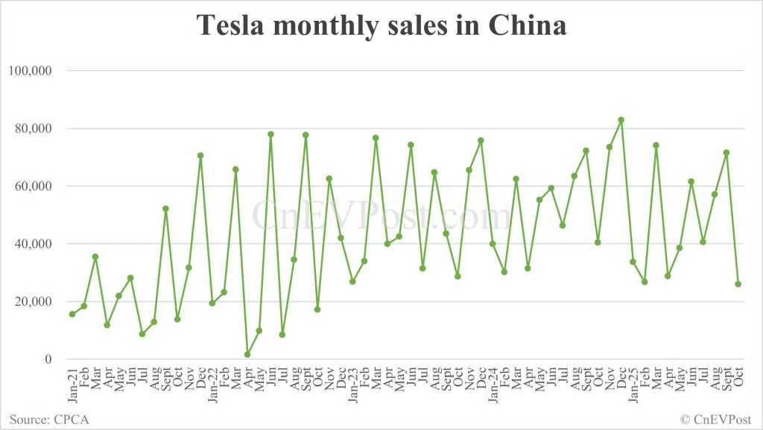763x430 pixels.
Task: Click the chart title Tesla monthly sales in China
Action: pyautogui.click(x=381, y=26)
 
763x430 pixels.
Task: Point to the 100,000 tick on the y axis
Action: pyautogui.click(x=28, y=71)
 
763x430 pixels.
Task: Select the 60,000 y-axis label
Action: pyautogui.click(x=31, y=186)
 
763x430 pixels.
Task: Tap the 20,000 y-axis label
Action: pyautogui.click(x=31, y=302)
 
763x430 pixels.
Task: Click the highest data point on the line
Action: pyautogui.click(x=621, y=120)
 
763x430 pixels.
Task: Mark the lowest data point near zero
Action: pyautogui.click(x=247, y=355)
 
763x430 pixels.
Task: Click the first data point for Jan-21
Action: pyautogui.click(x=72, y=314)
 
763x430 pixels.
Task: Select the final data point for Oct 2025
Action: pyautogui.click(x=738, y=284)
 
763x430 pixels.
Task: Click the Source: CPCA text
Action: pyautogui.click(x=49, y=420)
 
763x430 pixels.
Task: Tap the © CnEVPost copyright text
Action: pyautogui.click(x=716, y=420)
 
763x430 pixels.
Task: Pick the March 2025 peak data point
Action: pyautogui.click(x=656, y=145)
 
